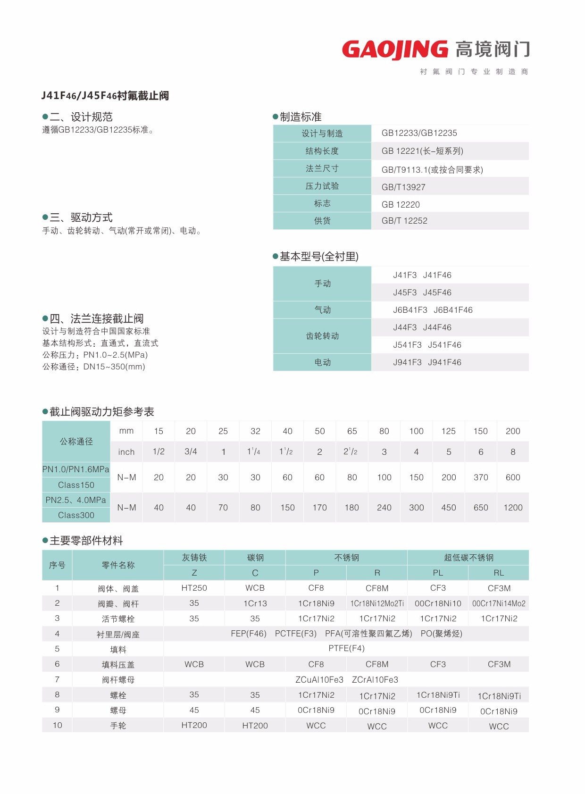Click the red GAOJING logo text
click(x=394, y=50)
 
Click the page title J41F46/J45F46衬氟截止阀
click(x=105, y=96)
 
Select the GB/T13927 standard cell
click(x=403, y=187)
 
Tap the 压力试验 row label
click(x=322, y=186)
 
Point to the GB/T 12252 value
click(x=404, y=221)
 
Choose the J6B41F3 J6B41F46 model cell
click(x=433, y=310)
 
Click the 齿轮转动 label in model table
click(x=322, y=336)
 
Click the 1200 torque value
click(x=513, y=508)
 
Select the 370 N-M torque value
click(x=481, y=477)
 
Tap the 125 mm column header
click(x=448, y=431)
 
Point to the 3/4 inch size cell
click(x=191, y=451)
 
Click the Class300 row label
click(x=76, y=515)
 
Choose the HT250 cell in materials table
click(x=194, y=588)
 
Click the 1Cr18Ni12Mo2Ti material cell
click(x=377, y=603)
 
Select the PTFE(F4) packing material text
click(x=346, y=648)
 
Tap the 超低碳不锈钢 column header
click(x=468, y=558)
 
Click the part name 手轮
click(x=118, y=726)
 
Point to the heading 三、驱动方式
click(x=81, y=217)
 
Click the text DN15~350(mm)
click(x=114, y=367)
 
